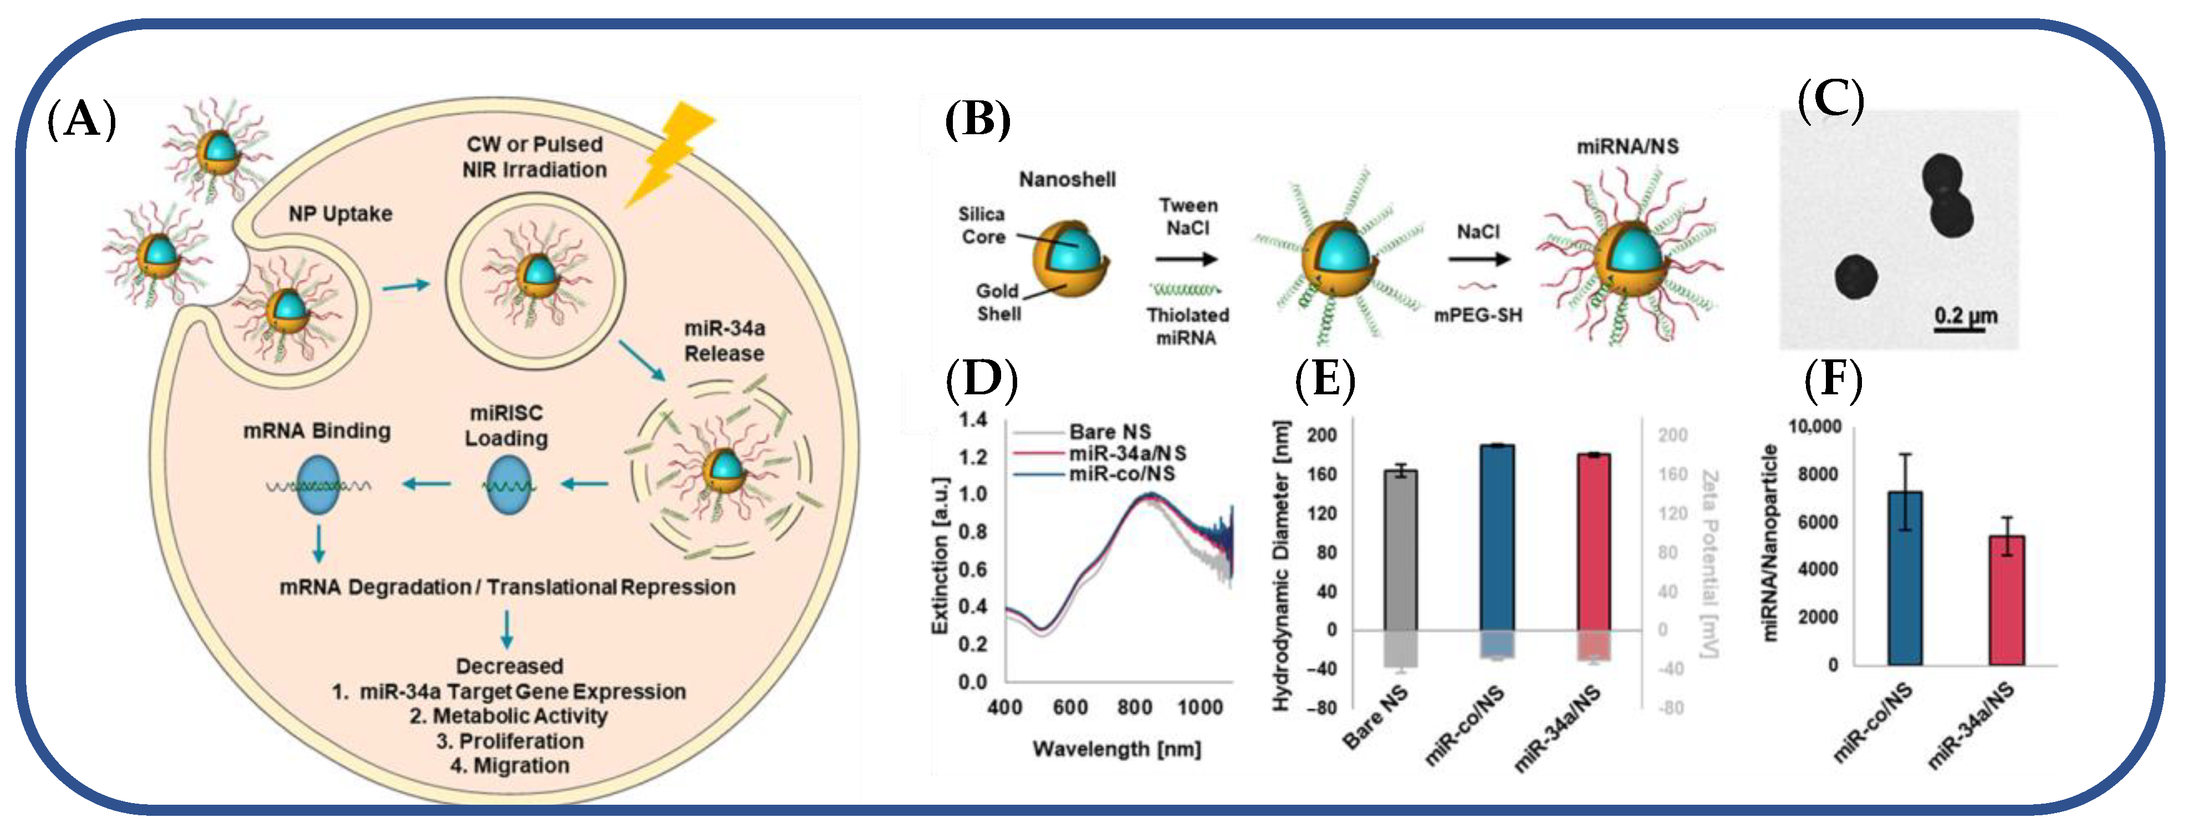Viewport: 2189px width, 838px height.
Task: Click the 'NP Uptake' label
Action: tap(340, 214)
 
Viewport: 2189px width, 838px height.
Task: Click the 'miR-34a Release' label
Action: tap(724, 340)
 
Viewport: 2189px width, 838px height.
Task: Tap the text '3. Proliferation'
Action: tap(510, 741)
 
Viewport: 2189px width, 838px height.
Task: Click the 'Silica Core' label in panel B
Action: tap(982, 225)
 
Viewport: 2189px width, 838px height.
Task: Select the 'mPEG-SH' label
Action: tap(1478, 316)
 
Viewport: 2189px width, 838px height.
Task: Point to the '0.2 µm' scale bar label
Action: tap(1966, 316)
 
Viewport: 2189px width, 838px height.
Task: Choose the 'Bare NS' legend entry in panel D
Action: tap(1109, 431)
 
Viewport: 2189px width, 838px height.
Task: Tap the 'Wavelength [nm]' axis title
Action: tap(1116, 749)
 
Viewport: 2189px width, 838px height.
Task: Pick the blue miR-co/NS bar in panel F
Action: tap(1904, 578)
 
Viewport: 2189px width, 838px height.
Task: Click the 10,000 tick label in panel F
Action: tap(1814, 426)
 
